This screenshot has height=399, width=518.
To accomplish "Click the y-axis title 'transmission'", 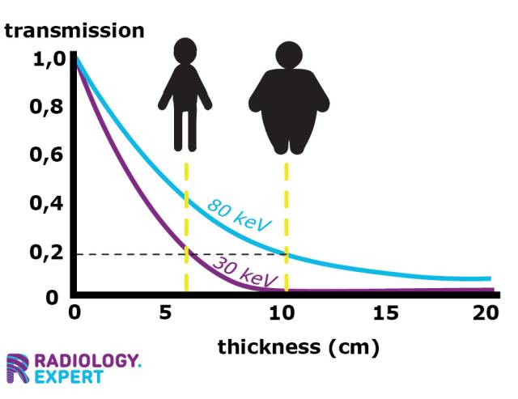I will pos(74,31).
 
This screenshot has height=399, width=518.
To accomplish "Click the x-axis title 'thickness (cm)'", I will pos(299,348).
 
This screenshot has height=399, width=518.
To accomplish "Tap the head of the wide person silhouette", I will pos(288,55).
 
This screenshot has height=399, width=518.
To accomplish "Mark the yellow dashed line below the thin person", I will pos(187,227).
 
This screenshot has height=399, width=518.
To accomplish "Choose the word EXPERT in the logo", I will pos(69,376).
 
